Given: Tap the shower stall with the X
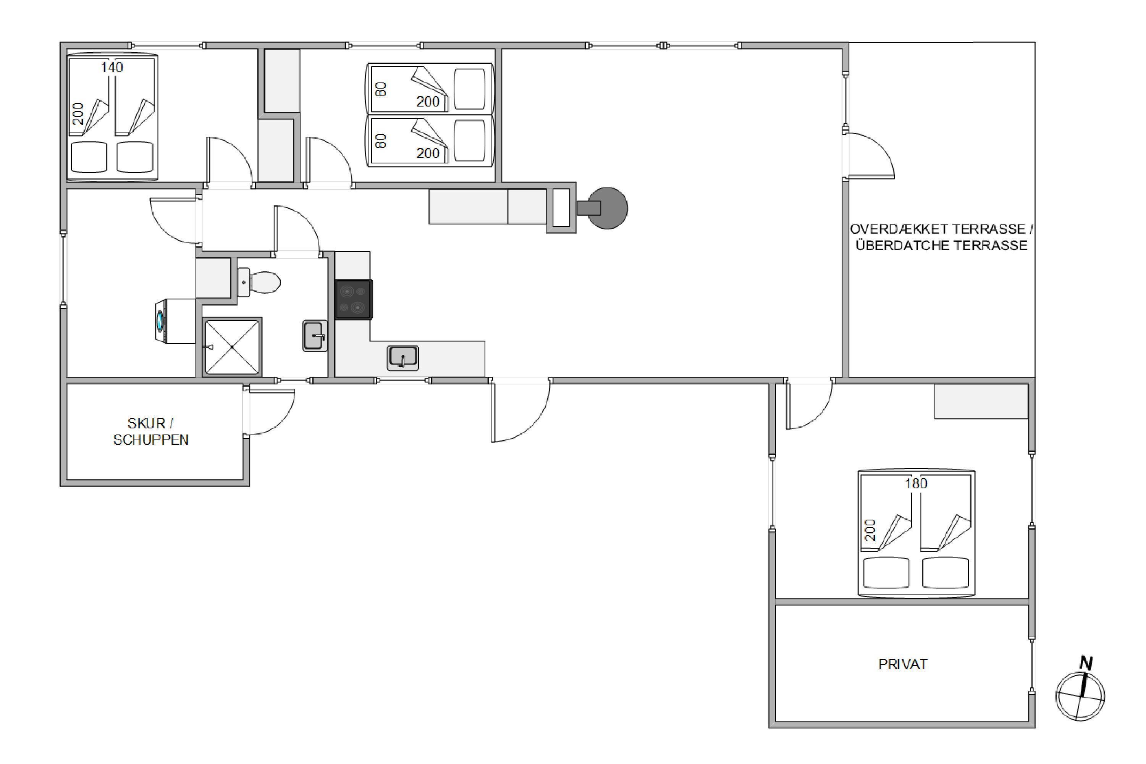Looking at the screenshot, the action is point(233,347).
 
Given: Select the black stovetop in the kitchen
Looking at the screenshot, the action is point(354,299).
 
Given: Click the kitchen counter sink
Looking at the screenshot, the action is point(403,357).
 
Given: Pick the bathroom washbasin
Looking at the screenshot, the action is point(315,335).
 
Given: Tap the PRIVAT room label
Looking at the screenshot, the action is point(903,665).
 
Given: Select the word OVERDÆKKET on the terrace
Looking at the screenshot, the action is point(899,229).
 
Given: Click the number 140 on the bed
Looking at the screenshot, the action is point(112,67).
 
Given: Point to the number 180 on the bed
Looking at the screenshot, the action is point(916,483).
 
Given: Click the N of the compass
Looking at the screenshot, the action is point(1086,663).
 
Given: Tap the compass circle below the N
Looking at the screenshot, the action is point(1080,697).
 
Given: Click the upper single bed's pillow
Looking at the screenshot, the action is point(470,89).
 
